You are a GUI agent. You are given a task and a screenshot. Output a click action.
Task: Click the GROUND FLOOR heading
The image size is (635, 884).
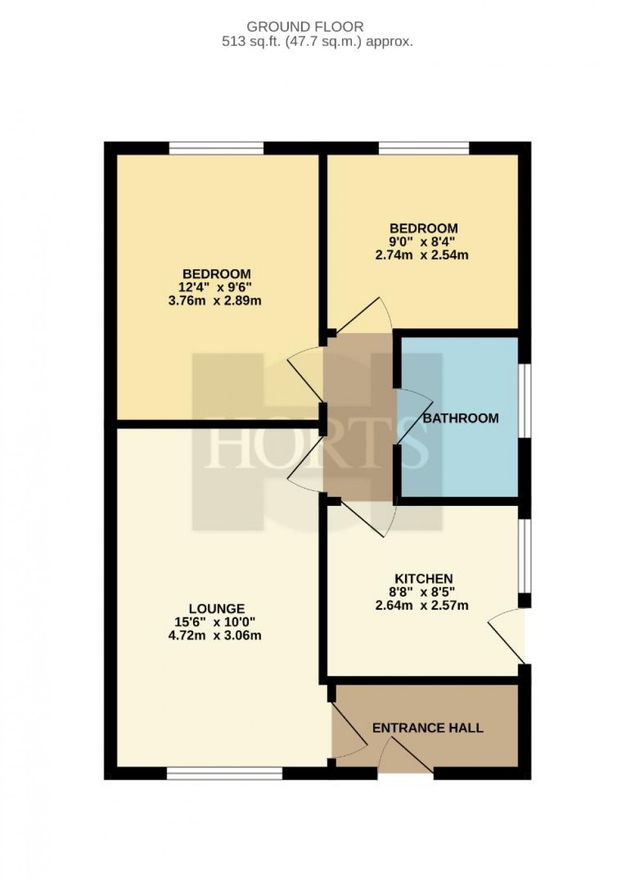305,27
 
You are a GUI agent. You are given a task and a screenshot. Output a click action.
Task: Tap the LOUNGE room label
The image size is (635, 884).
216,608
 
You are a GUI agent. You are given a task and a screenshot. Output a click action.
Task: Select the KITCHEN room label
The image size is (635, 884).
424,579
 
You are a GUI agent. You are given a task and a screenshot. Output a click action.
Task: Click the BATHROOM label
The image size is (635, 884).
461,418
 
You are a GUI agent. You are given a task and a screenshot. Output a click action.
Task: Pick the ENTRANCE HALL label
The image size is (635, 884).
428,728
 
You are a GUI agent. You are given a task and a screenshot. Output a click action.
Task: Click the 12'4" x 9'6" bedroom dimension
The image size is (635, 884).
216,287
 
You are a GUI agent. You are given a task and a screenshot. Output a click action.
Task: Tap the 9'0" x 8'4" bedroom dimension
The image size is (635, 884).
423,242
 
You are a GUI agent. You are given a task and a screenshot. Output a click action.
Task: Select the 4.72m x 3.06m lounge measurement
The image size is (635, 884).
215,635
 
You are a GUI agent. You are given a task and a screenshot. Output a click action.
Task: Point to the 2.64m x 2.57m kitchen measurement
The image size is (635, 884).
422,606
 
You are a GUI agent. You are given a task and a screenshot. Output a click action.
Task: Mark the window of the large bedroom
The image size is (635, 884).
216,149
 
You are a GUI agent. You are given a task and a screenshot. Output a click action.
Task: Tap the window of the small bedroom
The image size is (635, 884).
423,149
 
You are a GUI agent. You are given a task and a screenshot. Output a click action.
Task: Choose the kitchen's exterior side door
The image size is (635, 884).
509,636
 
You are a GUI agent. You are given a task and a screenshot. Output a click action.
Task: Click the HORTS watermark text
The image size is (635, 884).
317,444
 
